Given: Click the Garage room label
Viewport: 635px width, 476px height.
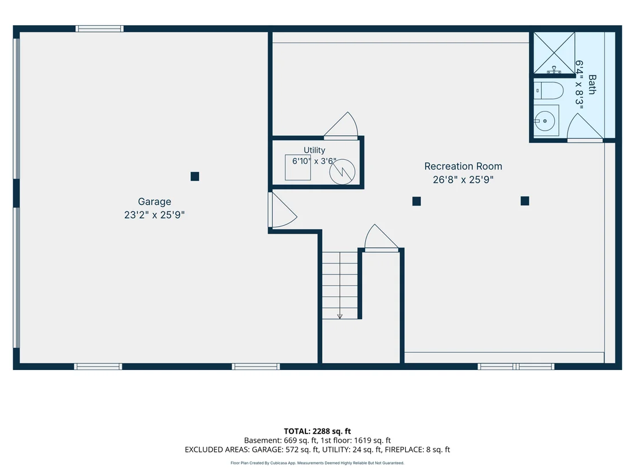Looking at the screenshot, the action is [154, 202].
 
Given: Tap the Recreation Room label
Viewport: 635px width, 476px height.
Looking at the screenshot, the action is [463, 166].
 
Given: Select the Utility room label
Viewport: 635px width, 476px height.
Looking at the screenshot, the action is [314, 150].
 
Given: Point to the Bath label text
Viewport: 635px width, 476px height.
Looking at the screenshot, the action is [591, 85].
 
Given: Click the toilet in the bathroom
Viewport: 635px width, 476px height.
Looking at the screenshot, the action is [548, 91].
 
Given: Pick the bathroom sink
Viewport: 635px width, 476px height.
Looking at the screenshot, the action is [546, 121].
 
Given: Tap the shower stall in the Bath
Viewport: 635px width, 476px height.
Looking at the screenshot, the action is [554, 53].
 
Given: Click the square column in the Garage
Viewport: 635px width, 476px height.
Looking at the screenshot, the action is [195, 176].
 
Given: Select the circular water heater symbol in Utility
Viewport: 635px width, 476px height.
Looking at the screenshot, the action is [342, 172].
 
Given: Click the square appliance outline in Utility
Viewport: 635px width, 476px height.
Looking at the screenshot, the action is [297, 167].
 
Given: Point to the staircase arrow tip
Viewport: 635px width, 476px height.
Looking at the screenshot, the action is [340, 318].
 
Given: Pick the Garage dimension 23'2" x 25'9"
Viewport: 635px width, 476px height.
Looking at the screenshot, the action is [154, 215].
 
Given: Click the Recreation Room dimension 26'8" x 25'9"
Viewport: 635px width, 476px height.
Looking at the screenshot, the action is [463, 180].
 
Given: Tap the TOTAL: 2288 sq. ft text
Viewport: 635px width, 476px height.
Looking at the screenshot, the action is [317, 431].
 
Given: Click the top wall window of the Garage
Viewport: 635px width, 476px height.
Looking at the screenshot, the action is [100, 29].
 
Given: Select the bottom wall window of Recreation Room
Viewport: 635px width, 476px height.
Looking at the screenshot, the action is [516, 367].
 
